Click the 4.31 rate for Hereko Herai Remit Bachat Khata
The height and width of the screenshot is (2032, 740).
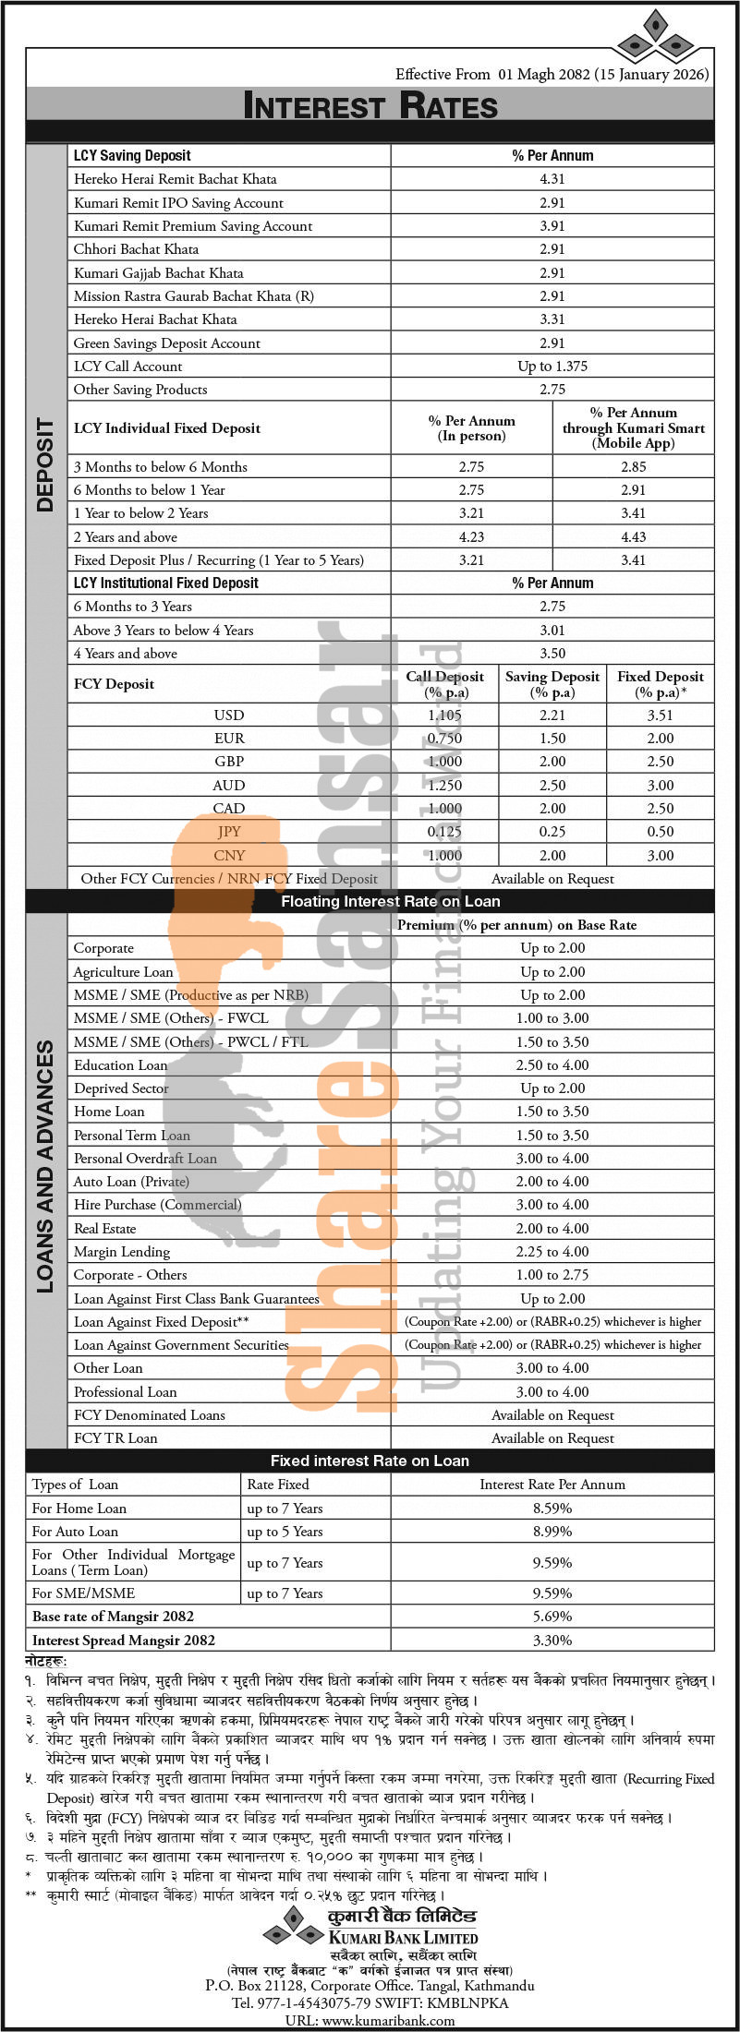pos(552,179)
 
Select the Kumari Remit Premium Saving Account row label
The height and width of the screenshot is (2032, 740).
pos(193,226)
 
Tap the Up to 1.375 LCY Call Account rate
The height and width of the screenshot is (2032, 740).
pos(552,367)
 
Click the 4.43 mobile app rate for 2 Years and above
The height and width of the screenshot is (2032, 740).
pos(633,537)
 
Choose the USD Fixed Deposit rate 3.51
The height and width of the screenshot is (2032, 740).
pos(660,715)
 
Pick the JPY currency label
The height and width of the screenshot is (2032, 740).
pos(229,832)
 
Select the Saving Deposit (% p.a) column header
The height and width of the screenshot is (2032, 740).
pos(552,684)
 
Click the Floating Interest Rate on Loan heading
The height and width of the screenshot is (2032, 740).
pos(391,901)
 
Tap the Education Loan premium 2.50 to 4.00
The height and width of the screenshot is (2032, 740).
pos(552,1065)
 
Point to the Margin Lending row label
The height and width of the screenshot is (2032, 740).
pos(122,1252)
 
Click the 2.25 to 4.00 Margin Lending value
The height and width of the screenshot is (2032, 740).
pos(552,1252)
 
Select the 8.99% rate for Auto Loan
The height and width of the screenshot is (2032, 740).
pos(552,1532)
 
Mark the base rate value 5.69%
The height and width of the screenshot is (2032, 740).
pos(552,1617)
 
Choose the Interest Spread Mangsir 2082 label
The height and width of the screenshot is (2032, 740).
pos(124,1641)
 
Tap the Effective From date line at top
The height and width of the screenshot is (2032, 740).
pos(552,75)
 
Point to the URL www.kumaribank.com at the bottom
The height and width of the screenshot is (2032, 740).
pos(370,2020)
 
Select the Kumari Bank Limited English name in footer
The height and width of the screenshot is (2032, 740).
pos(403,1938)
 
